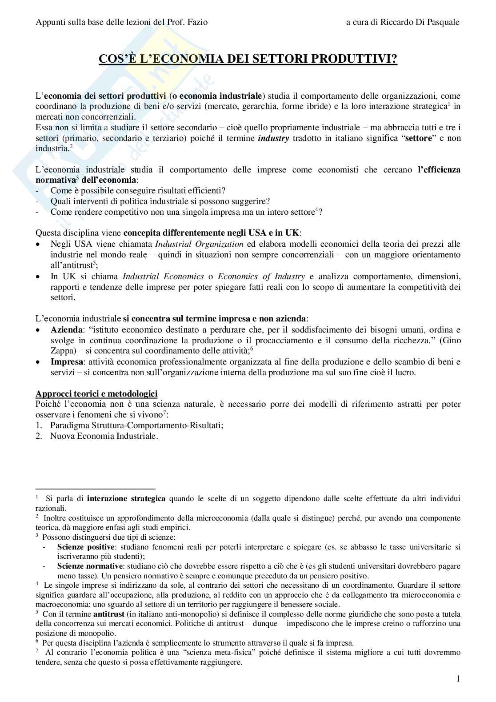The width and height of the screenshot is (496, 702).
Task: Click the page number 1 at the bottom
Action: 458,679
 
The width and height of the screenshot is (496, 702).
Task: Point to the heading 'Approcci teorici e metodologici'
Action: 96,394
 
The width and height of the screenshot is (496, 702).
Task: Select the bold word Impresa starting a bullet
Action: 67,362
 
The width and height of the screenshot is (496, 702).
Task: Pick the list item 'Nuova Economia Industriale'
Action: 104,436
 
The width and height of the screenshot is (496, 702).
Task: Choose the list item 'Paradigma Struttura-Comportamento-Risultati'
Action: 137,425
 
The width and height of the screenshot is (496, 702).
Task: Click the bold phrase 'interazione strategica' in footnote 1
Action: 126,498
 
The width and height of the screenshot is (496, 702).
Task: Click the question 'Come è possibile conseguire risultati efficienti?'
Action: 138,191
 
